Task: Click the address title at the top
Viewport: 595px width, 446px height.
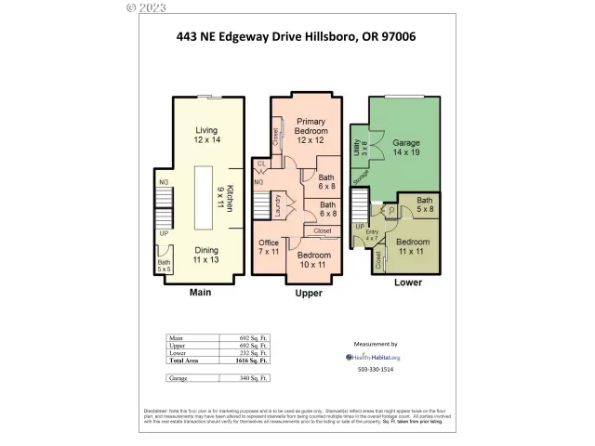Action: [x=296, y=37]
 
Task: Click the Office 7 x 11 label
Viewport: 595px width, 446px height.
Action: [x=269, y=247]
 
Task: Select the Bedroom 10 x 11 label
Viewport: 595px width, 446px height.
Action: [x=314, y=259]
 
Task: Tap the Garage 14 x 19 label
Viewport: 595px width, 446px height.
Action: [x=405, y=149]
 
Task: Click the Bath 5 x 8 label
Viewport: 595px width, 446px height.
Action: [x=424, y=205]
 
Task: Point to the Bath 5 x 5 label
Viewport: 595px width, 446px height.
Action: [x=165, y=266]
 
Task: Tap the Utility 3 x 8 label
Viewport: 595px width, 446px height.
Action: [x=360, y=147]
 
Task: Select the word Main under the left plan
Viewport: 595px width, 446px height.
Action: [x=202, y=292]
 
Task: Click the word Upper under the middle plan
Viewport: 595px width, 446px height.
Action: [x=308, y=293]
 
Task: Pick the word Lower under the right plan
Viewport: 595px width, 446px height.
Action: [x=408, y=282]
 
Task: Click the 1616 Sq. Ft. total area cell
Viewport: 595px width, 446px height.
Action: [x=245, y=359]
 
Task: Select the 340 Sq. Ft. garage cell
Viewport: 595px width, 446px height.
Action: [x=245, y=378]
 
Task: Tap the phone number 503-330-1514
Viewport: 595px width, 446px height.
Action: [x=377, y=370]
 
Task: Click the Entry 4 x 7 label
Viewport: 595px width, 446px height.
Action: [x=372, y=236]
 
